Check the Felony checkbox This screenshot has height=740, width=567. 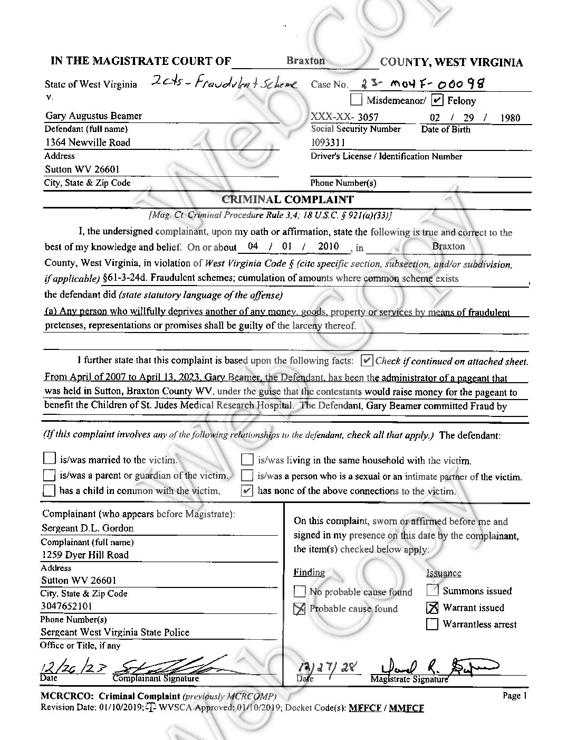point(437,100)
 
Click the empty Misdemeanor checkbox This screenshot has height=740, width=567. point(357,100)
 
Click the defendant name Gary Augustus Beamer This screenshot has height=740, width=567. point(93,116)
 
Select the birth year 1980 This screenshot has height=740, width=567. point(510,118)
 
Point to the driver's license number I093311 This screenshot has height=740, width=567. point(328,143)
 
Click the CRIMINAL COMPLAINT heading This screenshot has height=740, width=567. point(287,200)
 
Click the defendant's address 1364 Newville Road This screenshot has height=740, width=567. point(88,143)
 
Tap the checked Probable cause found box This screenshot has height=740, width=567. point(300,609)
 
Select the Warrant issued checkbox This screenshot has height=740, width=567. point(433,608)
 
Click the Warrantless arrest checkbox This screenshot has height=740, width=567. point(433,624)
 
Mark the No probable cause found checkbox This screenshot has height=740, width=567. point(300,592)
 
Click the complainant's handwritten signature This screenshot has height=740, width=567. point(169,666)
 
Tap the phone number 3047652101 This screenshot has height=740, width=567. point(66,606)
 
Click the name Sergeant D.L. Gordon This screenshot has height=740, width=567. point(88,528)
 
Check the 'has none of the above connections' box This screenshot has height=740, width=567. point(246,491)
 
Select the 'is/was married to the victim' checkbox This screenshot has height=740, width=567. point(49,458)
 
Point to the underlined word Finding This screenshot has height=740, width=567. point(309,573)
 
